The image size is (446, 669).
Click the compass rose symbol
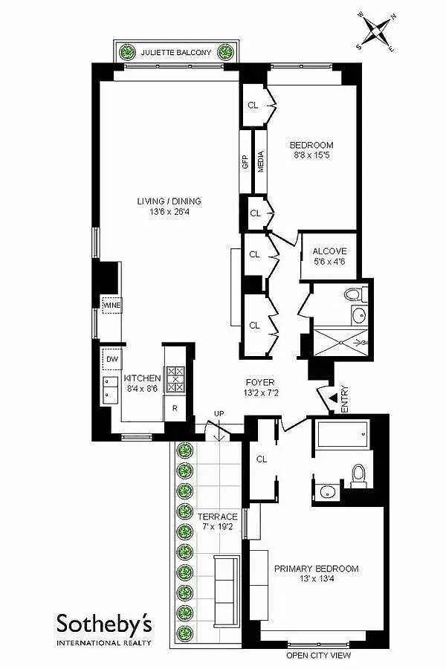(376, 31)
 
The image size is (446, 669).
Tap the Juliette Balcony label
(176, 53)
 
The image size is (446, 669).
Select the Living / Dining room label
(169, 201)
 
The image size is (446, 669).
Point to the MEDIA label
(261, 161)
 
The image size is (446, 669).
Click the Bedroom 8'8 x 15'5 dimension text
(311, 155)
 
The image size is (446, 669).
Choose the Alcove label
(329, 251)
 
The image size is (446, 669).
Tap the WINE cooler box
(111, 306)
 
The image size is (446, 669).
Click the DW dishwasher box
(111, 359)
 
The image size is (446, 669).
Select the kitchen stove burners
(175, 379)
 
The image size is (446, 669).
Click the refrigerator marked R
(175, 408)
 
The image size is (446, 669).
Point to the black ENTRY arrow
(333, 398)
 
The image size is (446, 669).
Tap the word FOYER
(260, 383)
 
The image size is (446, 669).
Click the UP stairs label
(219, 414)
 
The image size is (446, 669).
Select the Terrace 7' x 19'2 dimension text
(217, 526)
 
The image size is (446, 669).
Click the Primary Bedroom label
(316, 569)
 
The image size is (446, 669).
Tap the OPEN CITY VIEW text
(318, 656)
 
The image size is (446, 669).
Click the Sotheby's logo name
(104, 624)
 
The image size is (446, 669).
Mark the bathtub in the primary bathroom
(342, 434)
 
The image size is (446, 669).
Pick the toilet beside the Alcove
(356, 294)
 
